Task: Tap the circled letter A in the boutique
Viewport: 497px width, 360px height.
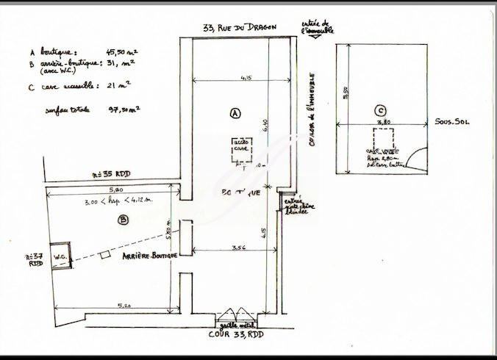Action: [x=235, y=113]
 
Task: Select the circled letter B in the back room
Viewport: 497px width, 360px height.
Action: [x=124, y=219]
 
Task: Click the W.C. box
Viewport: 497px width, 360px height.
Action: [x=60, y=256]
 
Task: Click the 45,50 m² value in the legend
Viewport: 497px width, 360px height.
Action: [x=124, y=53]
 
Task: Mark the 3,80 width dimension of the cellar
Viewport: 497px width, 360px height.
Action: [x=382, y=123]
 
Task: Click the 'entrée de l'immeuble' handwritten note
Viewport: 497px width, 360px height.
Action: [x=317, y=29]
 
